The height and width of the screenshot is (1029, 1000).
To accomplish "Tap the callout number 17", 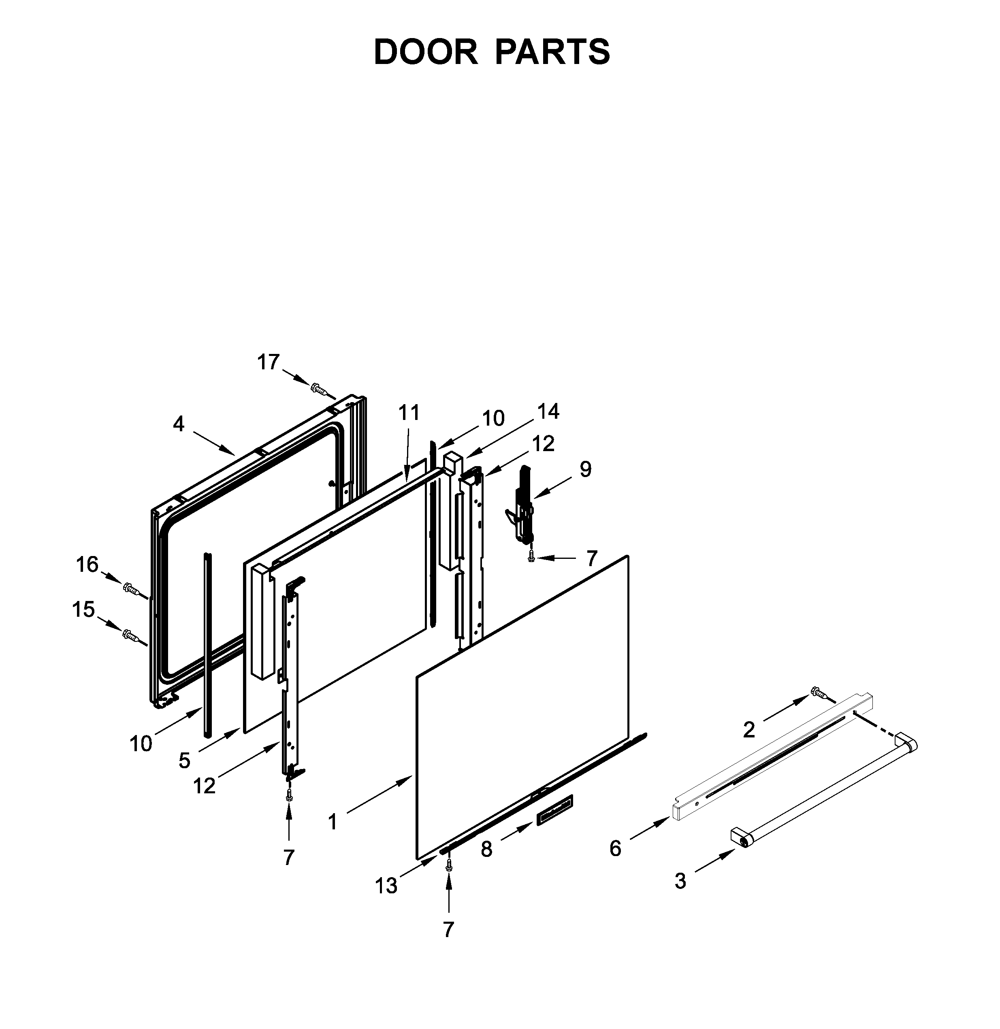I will point(269,362).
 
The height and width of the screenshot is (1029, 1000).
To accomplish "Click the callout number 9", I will point(586,469).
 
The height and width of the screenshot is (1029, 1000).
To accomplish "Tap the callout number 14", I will point(548,411).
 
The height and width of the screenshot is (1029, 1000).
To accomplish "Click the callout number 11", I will point(409,413).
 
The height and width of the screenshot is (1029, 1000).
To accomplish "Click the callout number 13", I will point(386,886).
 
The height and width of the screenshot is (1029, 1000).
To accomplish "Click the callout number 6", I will point(616,848).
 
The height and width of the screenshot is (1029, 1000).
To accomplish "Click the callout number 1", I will point(333,822).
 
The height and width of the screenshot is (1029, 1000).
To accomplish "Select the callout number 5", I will point(184,760).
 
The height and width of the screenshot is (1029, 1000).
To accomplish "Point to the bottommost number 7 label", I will point(448,930).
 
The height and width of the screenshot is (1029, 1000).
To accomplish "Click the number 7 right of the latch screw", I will point(592,559).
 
